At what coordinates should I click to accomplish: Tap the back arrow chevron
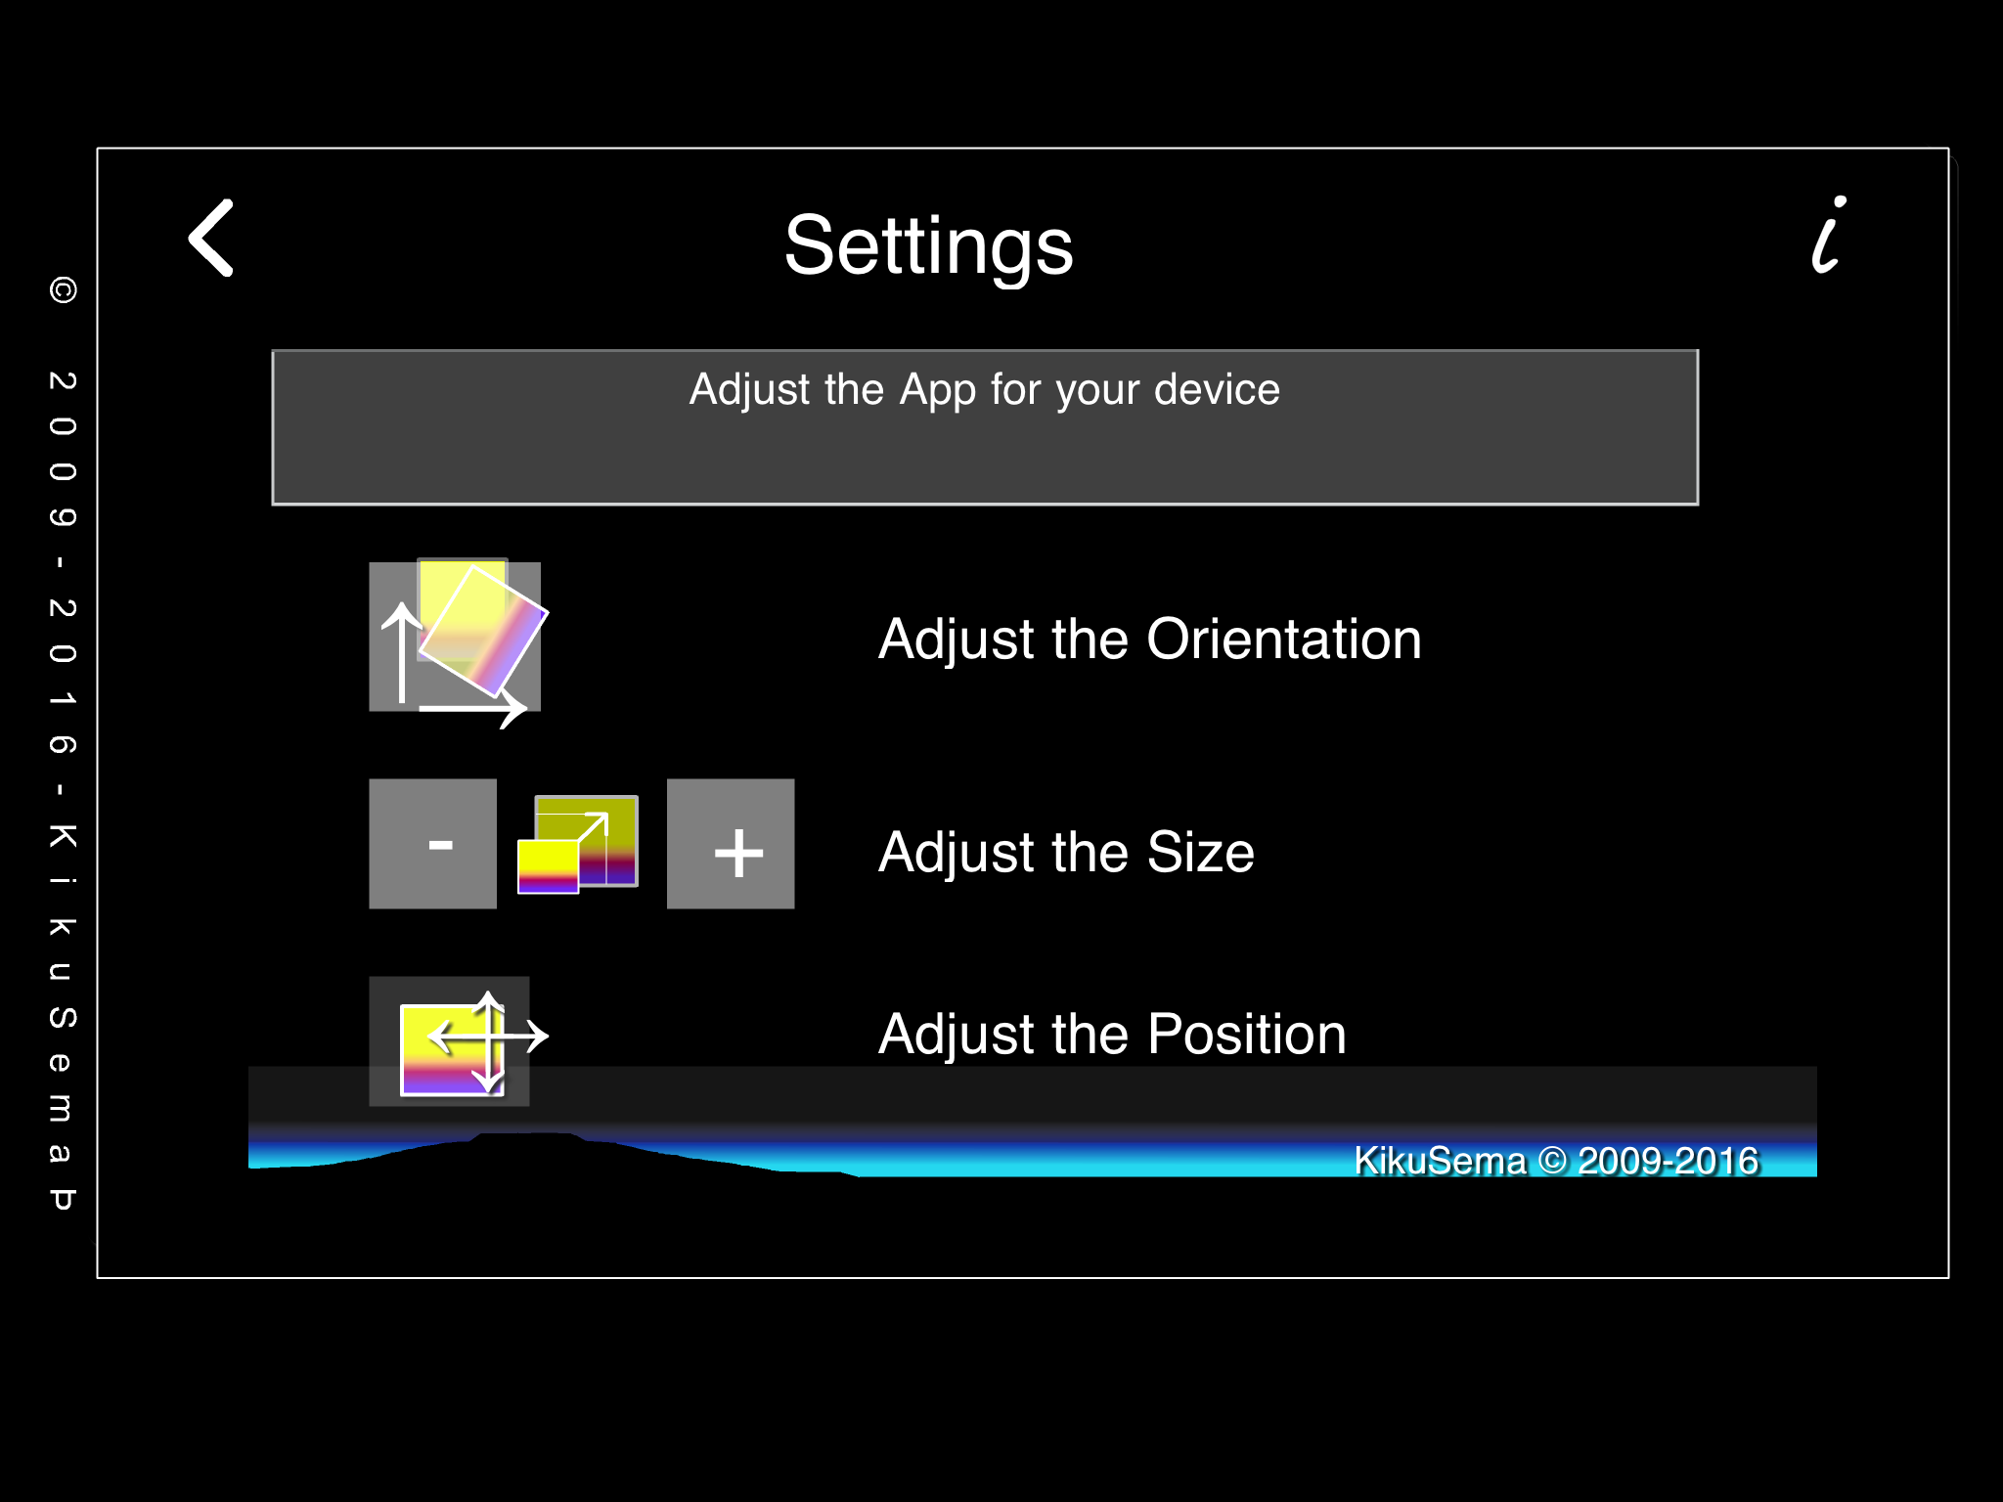(x=210, y=238)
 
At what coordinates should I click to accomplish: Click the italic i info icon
(x=1828, y=234)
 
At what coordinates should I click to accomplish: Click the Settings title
(x=928, y=246)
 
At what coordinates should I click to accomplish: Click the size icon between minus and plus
(x=578, y=844)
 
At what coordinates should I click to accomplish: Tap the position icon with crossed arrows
(x=460, y=1041)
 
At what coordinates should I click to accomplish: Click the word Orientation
(x=1283, y=640)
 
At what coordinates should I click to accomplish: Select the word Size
(x=1200, y=852)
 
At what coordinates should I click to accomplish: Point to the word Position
(x=1247, y=1035)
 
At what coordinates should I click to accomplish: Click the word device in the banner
(x=1217, y=389)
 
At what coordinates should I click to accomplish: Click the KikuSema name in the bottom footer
(x=1440, y=1161)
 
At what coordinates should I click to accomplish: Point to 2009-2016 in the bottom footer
(x=1668, y=1161)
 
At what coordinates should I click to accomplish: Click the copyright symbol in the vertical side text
(x=63, y=290)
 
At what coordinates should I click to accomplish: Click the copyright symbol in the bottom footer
(x=1552, y=1161)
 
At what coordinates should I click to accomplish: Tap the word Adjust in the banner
(x=751, y=390)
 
